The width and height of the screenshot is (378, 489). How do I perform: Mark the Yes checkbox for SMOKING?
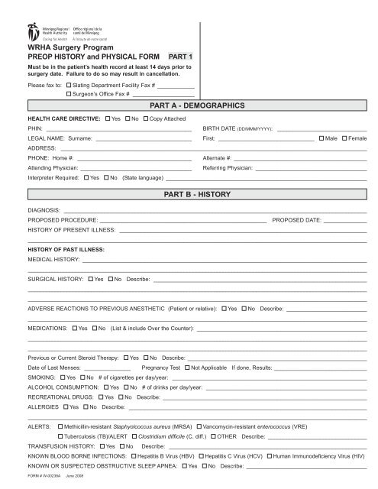(x=62, y=377)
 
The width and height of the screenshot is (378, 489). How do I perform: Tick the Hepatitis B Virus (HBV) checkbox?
(x=133, y=455)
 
